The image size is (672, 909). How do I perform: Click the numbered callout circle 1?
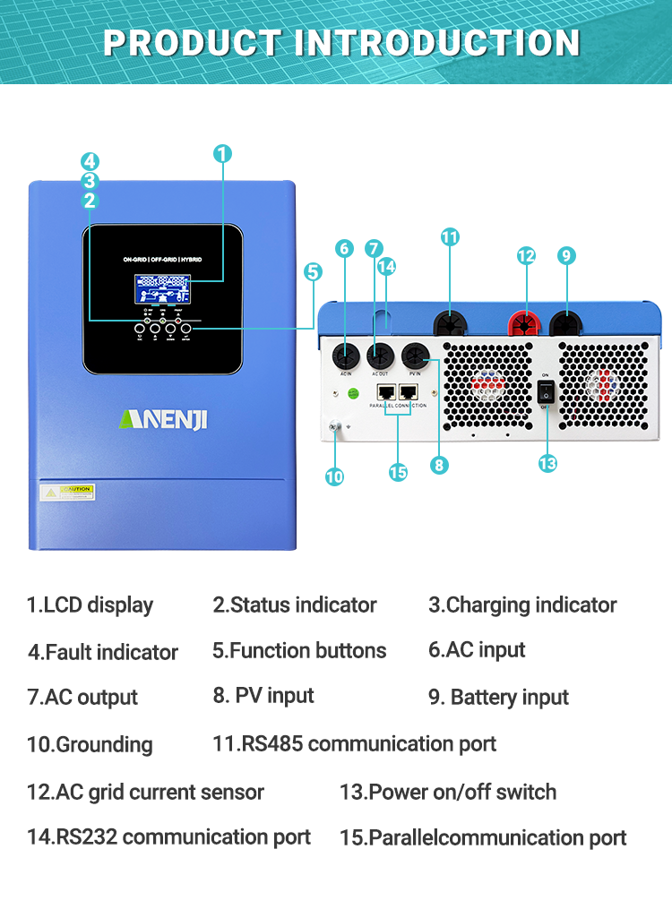pyautogui.click(x=223, y=153)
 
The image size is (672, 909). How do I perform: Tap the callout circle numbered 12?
pyautogui.click(x=526, y=256)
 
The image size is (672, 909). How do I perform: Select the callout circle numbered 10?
pyautogui.click(x=334, y=476)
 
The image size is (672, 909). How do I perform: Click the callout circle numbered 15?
pyautogui.click(x=398, y=472)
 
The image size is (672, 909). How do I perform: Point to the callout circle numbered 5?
pyautogui.click(x=313, y=271)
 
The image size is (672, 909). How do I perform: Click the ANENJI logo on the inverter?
pyautogui.click(x=163, y=418)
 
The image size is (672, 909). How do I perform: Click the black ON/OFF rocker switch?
pyautogui.click(x=547, y=390)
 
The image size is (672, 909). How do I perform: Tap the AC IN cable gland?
pyautogui.click(x=345, y=352)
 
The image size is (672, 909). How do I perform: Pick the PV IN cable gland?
pyautogui.click(x=415, y=354)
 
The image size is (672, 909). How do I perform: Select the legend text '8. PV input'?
pyautogui.click(x=263, y=696)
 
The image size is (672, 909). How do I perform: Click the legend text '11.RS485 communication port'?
pyautogui.click(x=354, y=743)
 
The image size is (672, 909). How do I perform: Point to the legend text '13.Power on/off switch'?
pyautogui.click(x=447, y=792)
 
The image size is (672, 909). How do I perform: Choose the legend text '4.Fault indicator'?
pyautogui.click(x=103, y=652)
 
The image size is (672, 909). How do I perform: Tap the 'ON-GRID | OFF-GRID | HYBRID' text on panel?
pyautogui.click(x=162, y=259)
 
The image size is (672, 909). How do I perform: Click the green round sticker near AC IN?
pyautogui.click(x=353, y=392)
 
